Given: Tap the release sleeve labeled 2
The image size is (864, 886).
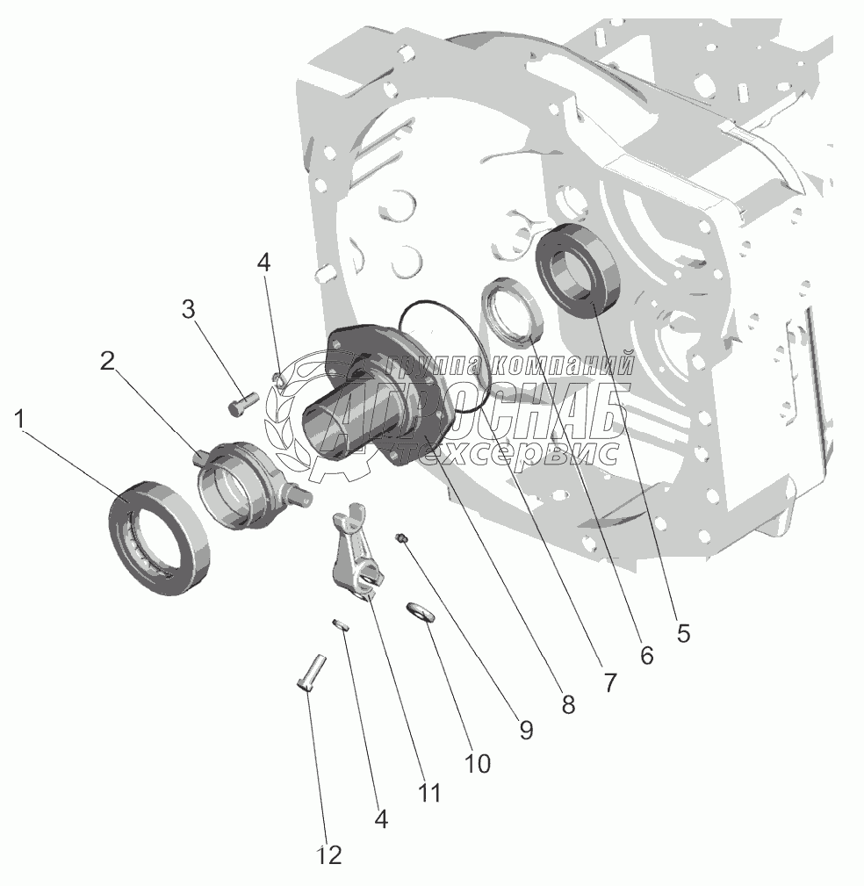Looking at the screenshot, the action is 234,487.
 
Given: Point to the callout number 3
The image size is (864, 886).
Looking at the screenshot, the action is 189,309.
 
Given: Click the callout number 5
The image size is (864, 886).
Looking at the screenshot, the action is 682,632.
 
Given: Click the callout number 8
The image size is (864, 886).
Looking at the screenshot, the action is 567,704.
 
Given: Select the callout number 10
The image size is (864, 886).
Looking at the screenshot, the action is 477,762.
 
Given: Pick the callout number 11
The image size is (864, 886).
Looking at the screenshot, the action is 428,792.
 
